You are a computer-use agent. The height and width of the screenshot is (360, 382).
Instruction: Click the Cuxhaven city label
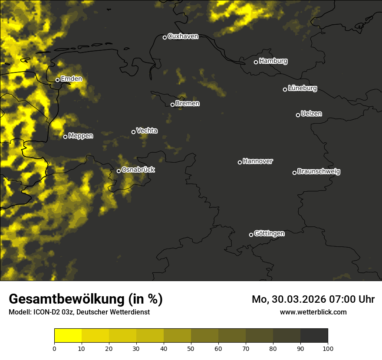point(183,36)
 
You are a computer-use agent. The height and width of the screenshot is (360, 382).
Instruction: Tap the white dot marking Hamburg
point(256,62)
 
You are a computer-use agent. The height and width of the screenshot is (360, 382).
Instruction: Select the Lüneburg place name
point(302,88)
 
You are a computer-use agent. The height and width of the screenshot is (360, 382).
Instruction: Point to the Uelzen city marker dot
point(298,115)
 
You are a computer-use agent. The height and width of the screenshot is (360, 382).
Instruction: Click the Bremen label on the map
point(188,104)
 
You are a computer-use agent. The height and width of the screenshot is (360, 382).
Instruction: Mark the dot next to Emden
point(57,80)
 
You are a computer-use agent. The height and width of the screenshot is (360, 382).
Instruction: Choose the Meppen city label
point(81,136)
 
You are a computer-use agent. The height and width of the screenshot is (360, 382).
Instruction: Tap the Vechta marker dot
point(133,132)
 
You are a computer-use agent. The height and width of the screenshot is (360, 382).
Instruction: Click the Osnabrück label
point(138,170)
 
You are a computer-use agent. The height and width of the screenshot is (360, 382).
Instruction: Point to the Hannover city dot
point(240,162)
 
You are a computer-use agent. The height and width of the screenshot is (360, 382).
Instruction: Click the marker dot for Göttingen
point(251,235)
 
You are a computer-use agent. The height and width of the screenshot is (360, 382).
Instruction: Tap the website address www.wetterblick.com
point(313,312)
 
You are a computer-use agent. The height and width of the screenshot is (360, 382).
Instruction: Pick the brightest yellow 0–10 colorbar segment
point(68,336)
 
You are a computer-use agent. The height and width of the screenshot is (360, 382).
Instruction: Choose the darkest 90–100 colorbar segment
point(314,336)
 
